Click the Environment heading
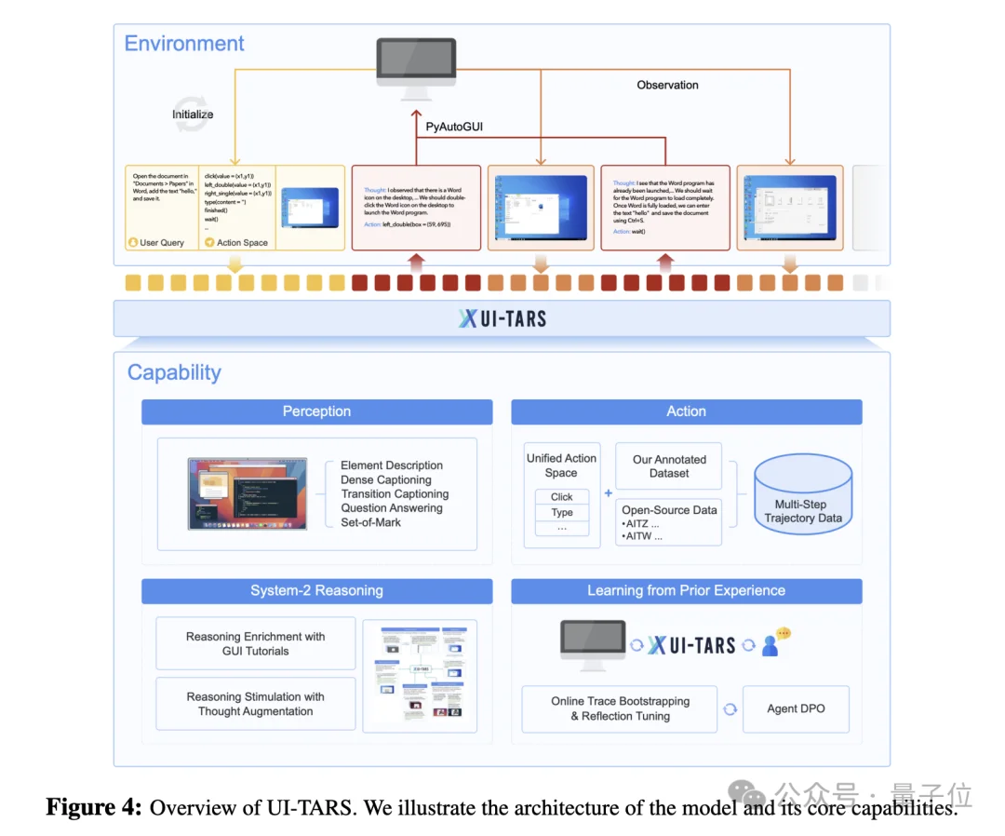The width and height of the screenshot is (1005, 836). pos(184,44)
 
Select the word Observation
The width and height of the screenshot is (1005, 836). pos(667,85)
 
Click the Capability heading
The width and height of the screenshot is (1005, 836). pos(174,372)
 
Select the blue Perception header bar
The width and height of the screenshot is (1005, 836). pos(316,411)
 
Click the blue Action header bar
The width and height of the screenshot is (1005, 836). pos(686,411)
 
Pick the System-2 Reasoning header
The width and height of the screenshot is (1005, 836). pos(316,590)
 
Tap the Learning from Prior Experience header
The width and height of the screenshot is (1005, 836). pos(686,590)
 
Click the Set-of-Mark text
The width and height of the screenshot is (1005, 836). pos(371,522)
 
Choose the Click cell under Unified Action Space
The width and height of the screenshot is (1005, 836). pos(561,496)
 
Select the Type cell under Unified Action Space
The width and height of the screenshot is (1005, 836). pos(561,513)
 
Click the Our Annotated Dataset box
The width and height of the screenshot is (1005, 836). pos(669,466)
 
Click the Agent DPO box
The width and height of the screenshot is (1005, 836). pos(796,708)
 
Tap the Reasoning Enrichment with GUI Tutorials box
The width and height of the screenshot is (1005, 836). pos(255,643)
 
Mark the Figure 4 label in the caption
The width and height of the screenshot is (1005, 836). pos(94,807)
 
